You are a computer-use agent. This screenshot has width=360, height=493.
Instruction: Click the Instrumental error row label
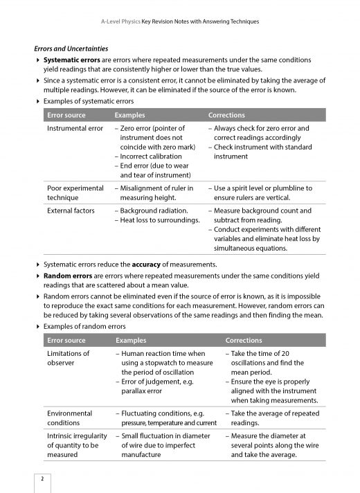point(75,129)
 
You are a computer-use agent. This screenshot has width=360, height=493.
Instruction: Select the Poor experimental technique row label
point(75,192)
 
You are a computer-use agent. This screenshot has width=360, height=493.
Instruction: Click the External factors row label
point(72,210)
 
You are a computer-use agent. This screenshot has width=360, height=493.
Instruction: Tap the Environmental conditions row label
point(69,418)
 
